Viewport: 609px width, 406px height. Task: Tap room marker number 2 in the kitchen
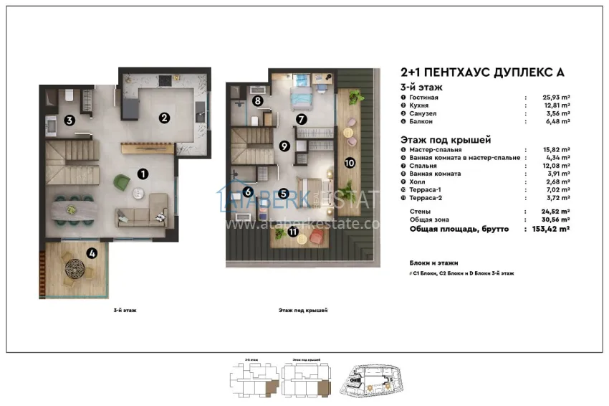click(x=164, y=118)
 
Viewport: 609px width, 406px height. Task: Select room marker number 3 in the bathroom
click(x=69, y=121)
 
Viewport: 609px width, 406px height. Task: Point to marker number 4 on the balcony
click(x=92, y=252)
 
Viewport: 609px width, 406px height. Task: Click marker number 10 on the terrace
click(x=350, y=163)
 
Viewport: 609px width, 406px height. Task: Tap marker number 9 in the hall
click(x=284, y=146)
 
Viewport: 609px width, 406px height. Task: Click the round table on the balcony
click(x=75, y=270)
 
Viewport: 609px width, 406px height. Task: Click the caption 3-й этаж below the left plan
click(x=125, y=311)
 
